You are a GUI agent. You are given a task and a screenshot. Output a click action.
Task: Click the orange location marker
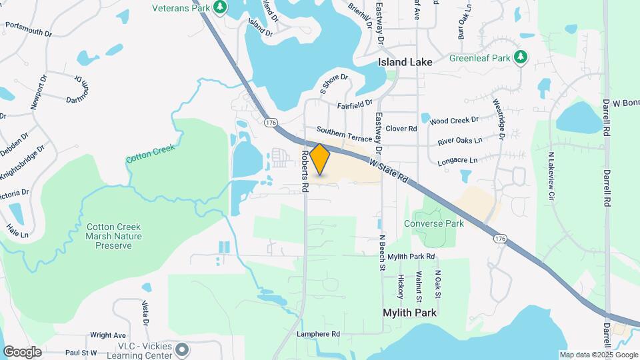click(320, 159)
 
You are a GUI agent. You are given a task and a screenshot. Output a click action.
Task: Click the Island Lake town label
click(405, 62)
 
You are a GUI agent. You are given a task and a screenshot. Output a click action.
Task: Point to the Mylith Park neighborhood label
click(409, 312)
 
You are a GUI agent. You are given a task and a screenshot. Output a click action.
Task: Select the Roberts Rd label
click(304, 172)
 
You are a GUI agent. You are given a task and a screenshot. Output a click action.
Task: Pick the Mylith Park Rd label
click(411, 257)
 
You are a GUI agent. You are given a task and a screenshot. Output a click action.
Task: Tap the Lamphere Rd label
click(319, 333)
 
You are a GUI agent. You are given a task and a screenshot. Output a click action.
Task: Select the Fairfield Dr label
click(355, 104)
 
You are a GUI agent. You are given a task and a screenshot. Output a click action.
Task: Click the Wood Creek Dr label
click(454, 121)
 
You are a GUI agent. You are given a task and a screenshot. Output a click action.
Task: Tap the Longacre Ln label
click(457, 161)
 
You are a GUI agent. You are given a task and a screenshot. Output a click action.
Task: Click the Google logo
click(22, 351)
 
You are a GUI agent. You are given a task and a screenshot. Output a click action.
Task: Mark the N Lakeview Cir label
click(551, 176)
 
